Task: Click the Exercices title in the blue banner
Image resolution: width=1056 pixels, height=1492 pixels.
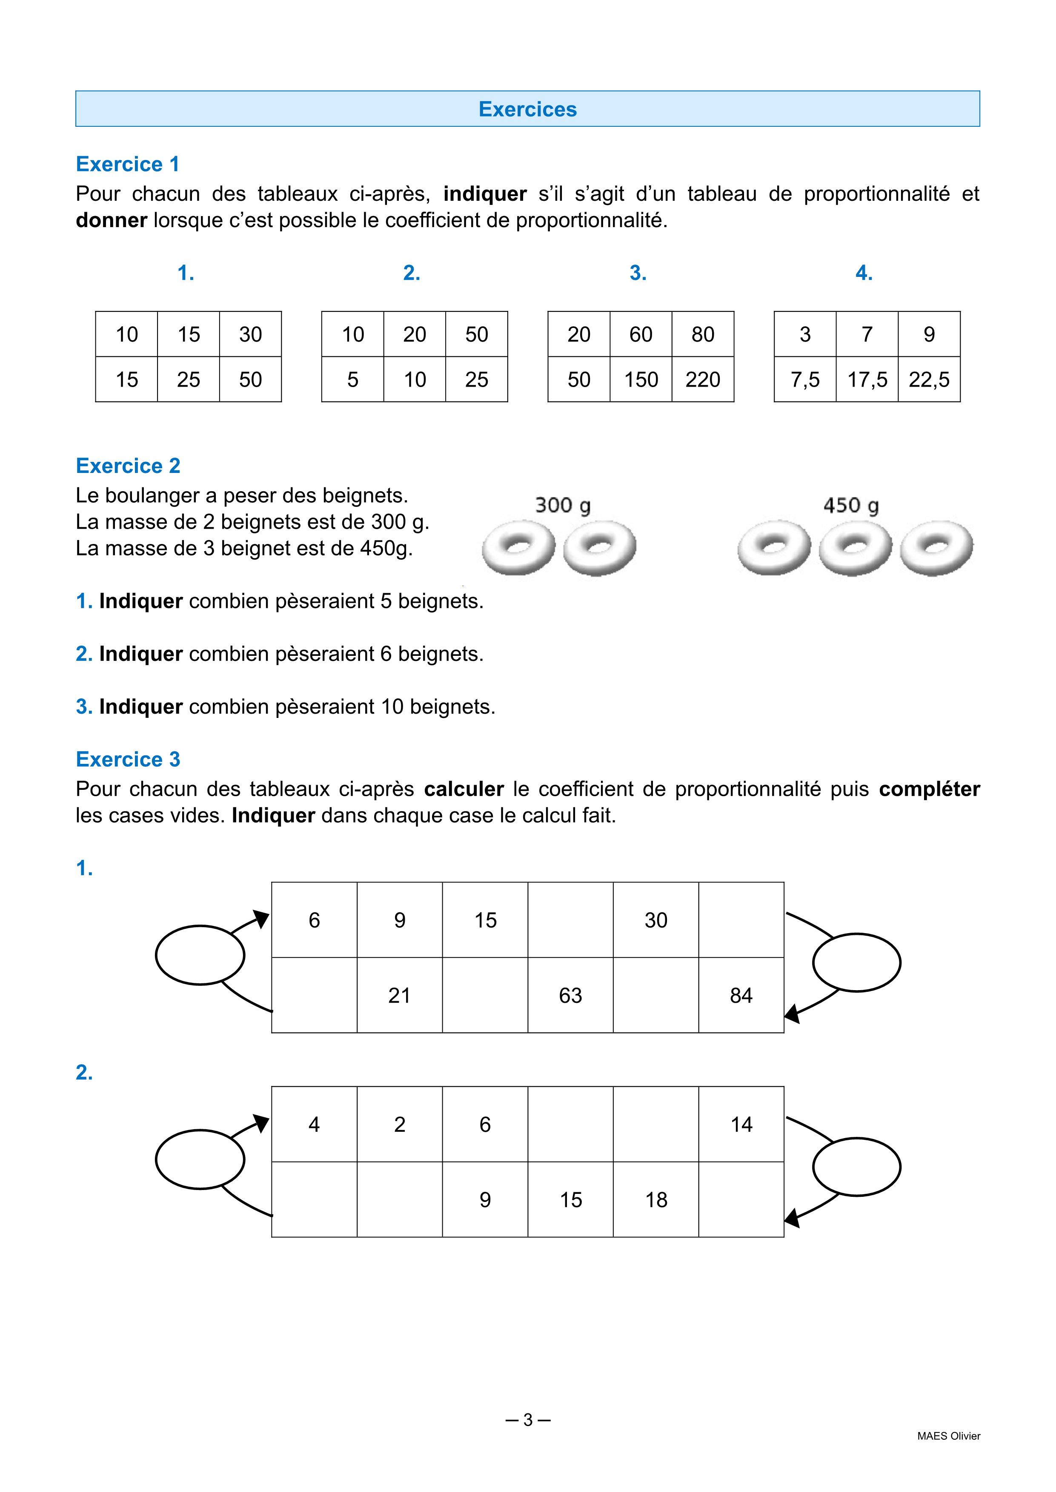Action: pyautogui.click(x=527, y=109)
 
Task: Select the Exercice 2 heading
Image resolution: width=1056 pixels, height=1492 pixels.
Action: pyautogui.click(x=128, y=465)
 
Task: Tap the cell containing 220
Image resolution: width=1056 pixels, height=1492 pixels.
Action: pyautogui.click(x=702, y=379)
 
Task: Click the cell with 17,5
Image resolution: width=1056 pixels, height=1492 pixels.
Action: pyautogui.click(x=867, y=379)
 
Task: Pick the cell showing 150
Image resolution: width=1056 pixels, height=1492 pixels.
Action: pyautogui.click(x=641, y=379)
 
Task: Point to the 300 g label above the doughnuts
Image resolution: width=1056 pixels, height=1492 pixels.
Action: pyautogui.click(x=562, y=505)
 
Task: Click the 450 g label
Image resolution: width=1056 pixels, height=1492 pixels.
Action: pyautogui.click(x=850, y=505)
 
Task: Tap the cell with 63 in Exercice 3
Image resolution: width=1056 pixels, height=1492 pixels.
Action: pyautogui.click(x=570, y=996)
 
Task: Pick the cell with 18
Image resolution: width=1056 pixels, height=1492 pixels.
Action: pyautogui.click(x=656, y=1199)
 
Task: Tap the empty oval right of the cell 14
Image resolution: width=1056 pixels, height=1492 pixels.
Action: pyautogui.click(x=856, y=1167)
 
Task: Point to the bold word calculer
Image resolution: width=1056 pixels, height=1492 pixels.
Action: pyautogui.click(x=464, y=789)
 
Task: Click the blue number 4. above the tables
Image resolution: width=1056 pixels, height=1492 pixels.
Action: pyautogui.click(x=864, y=273)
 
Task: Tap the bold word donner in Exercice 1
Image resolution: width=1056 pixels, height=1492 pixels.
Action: pyautogui.click(x=111, y=220)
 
